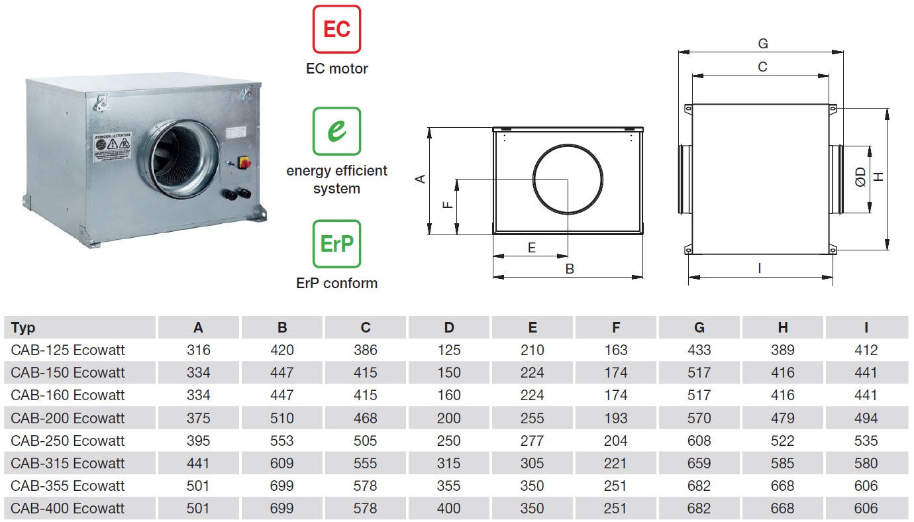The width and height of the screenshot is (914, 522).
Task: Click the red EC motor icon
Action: point(336,29)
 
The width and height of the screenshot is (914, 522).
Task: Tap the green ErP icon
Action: point(336,244)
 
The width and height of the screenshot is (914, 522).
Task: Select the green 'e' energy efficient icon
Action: point(336,131)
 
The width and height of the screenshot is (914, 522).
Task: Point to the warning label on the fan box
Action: point(113,147)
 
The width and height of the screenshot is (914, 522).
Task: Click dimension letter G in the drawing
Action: point(762,44)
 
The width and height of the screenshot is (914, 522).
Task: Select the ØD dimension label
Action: point(860,178)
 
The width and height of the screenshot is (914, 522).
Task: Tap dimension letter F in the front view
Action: point(448,204)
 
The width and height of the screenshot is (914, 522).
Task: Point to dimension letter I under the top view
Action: point(760,268)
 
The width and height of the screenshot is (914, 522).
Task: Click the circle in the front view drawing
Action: point(568,179)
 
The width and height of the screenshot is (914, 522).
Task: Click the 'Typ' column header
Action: point(23,328)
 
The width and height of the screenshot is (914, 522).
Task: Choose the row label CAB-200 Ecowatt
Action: point(68,418)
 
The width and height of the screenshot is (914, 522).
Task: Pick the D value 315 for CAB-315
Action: point(449,463)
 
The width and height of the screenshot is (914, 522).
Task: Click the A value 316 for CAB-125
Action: point(198,350)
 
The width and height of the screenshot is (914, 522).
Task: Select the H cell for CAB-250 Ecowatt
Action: point(783,441)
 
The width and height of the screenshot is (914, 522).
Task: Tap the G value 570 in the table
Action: point(699,418)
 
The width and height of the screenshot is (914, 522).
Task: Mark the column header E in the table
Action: point(533,328)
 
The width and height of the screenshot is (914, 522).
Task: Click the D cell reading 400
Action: point(449,508)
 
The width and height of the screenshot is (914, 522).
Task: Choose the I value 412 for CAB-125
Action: point(866,350)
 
